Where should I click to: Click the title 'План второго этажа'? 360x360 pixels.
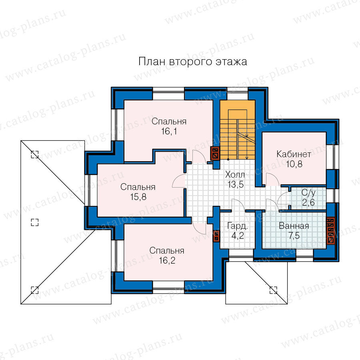click(x=193, y=62)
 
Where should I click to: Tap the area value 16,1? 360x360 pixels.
click(x=169, y=132)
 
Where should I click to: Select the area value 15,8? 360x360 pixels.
click(x=138, y=197)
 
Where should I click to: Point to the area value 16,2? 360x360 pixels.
click(x=167, y=260)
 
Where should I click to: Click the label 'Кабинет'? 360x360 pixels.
click(x=294, y=154)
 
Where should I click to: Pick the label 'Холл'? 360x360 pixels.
click(x=235, y=175)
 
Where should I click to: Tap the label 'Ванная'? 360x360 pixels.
click(x=294, y=226)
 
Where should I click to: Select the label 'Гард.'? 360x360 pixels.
click(x=237, y=226)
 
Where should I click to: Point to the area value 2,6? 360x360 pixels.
click(x=308, y=203)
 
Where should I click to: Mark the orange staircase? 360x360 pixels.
click(x=237, y=130)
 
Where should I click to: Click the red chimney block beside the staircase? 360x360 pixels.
click(x=215, y=153)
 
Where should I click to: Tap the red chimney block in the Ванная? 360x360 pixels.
click(x=330, y=230)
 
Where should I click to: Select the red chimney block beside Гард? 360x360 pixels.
click(x=216, y=236)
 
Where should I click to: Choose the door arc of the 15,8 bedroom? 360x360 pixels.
click(x=179, y=181)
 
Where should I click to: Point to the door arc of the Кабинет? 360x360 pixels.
click(x=272, y=179)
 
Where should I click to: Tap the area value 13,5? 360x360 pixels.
click(x=235, y=184)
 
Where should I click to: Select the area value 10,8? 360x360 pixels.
click(x=294, y=164)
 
